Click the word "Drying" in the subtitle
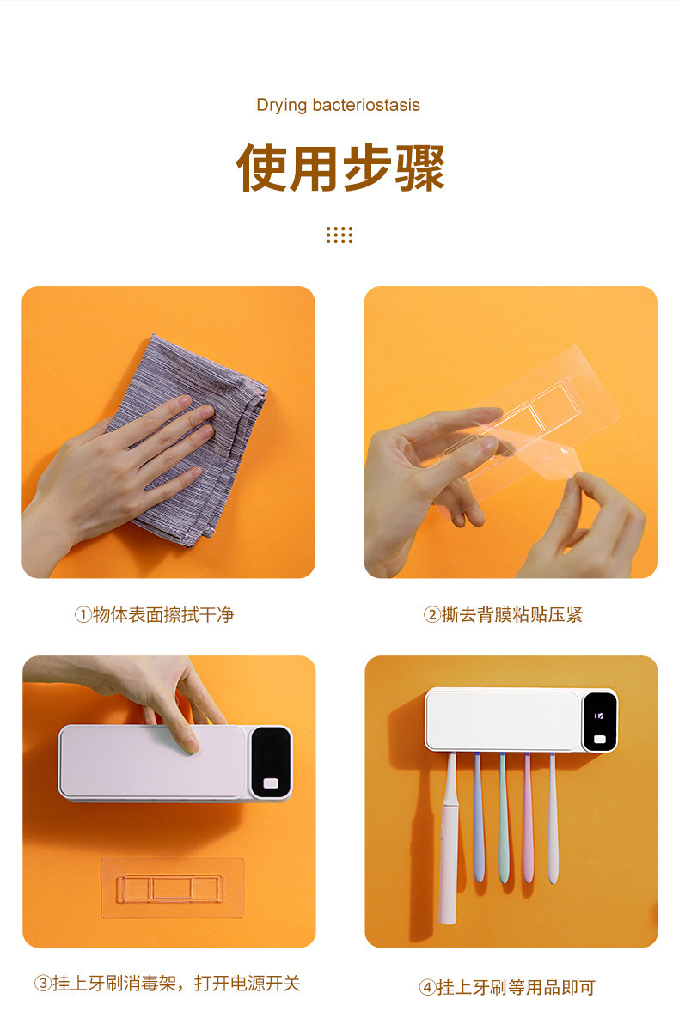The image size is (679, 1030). (x=280, y=106)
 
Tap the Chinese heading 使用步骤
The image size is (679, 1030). (x=340, y=168)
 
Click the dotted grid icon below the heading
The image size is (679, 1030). (x=339, y=235)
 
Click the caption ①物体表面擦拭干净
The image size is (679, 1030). (x=154, y=615)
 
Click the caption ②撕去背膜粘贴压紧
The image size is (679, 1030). (x=503, y=615)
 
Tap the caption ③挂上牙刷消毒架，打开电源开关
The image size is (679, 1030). (x=168, y=984)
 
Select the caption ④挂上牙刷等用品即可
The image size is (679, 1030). (x=507, y=988)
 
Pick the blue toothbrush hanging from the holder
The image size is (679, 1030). (x=478, y=816)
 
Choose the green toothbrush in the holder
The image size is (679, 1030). (x=504, y=816)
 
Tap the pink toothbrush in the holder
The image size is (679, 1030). (x=528, y=816)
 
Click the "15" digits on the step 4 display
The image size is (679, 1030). (x=598, y=715)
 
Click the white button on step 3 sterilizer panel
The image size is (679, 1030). (x=272, y=783)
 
